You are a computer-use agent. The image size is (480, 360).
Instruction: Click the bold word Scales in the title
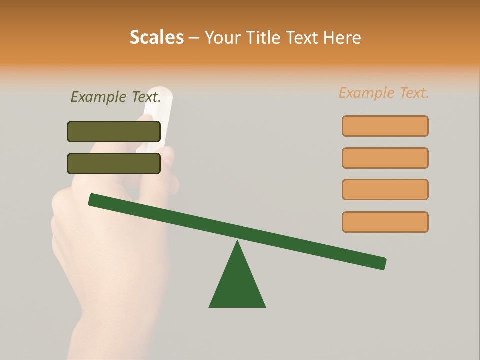[156, 37]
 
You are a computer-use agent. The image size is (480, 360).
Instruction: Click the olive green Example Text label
[116, 97]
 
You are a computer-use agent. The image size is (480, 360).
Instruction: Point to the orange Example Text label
[384, 93]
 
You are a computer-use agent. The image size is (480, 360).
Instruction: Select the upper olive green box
[114, 131]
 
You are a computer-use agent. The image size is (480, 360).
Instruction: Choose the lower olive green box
[114, 163]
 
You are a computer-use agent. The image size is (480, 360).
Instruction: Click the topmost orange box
[385, 126]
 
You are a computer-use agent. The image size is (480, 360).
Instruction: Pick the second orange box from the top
[385, 158]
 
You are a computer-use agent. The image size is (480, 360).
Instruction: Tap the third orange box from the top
[385, 189]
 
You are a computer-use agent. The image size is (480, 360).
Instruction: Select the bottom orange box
[385, 222]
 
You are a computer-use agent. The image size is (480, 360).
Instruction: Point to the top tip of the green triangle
[237, 242]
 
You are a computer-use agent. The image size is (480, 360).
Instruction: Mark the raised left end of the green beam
[93, 199]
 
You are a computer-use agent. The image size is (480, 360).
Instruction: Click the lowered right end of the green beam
[382, 263]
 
